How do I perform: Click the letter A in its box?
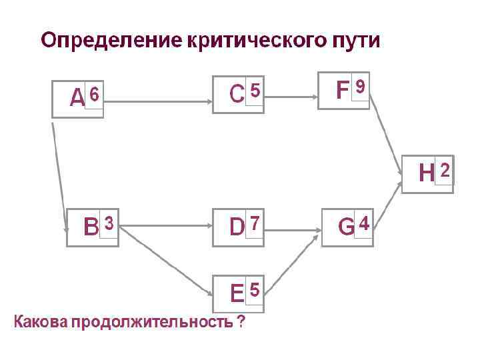pyautogui.click(x=77, y=99)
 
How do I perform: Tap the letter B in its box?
pyautogui.click(x=91, y=227)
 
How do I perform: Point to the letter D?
pyautogui.click(x=237, y=227)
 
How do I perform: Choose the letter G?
pyautogui.click(x=346, y=227)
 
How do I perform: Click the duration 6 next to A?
pyautogui.click(x=95, y=96)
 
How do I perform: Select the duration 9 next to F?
pyautogui.click(x=360, y=87)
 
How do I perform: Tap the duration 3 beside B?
pyautogui.click(x=109, y=221)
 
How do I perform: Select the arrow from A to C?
pyautogui.click(x=157, y=102)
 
